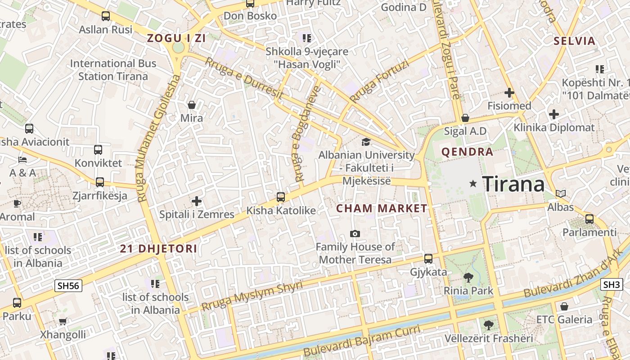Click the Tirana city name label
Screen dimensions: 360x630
click(513, 184)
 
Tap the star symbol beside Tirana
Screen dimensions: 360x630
click(473, 184)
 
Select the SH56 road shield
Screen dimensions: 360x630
click(68, 285)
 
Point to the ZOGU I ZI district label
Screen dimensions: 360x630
click(176, 38)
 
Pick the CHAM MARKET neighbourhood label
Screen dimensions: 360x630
click(382, 208)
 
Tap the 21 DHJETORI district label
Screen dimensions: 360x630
click(158, 249)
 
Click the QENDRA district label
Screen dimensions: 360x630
click(467, 152)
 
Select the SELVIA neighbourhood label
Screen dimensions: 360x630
click(574, 41)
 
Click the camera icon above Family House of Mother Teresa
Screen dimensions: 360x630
click(355, 234)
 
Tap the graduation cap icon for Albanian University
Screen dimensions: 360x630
click(366, 142)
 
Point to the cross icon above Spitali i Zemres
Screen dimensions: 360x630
click(197, 201)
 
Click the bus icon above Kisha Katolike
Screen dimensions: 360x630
click(281, 197)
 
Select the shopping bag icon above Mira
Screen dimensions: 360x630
click(192, 105)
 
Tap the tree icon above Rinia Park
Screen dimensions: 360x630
click(468, 278)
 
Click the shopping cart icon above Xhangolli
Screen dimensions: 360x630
click(63, 321)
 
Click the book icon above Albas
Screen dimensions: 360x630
click(560, 194)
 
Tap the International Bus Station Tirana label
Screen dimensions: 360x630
click(113, 70)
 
